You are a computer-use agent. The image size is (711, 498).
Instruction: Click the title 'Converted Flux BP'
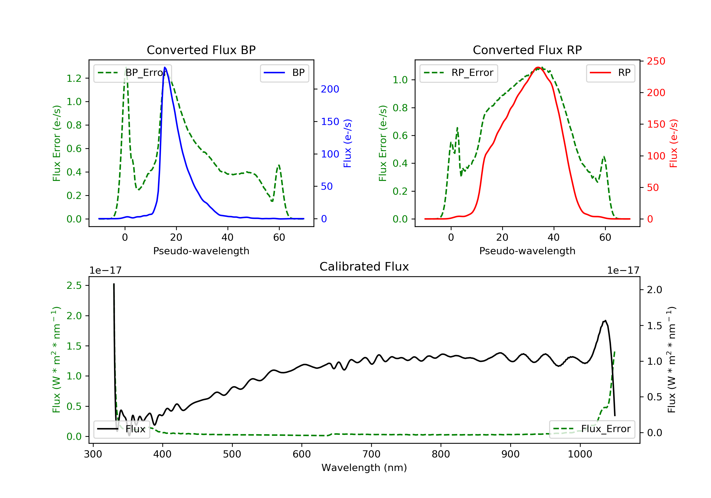(x=201, y=50)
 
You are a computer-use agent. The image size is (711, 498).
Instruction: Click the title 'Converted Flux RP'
(x=527, y=50)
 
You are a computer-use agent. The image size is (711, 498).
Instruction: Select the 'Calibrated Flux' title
(x=364, y=267)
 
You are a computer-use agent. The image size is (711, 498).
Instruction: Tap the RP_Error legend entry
(x=459, y=73)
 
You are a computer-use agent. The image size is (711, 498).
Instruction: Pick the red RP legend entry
(x=610, y=73)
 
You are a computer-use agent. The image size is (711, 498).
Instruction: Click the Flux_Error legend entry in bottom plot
(x=592, y=429)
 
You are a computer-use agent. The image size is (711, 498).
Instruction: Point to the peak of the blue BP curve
(x=165, y=67)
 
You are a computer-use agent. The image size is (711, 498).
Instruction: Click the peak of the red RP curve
(x=538, y=67)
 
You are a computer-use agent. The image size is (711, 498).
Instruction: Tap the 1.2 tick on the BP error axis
(x=74, y=78)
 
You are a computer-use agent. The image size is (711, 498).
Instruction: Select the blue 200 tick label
(x=330, y=89)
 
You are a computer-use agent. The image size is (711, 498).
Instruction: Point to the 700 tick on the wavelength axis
(x=371, y=454)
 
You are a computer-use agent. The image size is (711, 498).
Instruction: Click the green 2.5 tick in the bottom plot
(x=74, y=286)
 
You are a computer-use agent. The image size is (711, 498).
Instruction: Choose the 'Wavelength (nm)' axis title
(x=364, y=468)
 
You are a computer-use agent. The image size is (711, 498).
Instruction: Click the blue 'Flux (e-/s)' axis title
(x=347, y=143)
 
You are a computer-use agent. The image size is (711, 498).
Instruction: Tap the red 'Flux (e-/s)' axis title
(x=674, y=143)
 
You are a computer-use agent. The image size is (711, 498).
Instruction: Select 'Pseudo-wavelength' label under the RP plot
(x=527, y=251)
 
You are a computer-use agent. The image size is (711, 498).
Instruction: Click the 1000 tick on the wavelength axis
(x=580, y=454)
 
